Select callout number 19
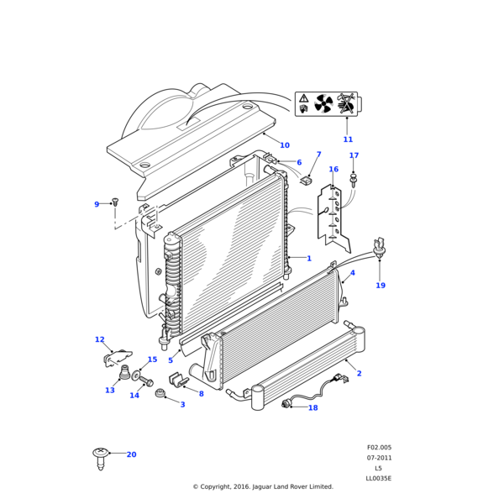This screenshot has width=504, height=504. pyautogui.click(x=381, y=286)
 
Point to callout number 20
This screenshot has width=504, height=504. pyautogui.click(x=131, y=454)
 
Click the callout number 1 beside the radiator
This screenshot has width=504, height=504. pyautogui.click(x=308, y=259)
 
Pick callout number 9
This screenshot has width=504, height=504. pyautogui.click(x=97, y=204)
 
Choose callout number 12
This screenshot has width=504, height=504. pyautogui.click(x=99, y=340)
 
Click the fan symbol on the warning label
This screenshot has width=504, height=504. pyautogui.click(x=323, y=104)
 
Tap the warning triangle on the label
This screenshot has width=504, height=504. pyautogui.click(x=303, y=99)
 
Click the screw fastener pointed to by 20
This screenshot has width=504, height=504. pyautogui.click(x=101, y=457)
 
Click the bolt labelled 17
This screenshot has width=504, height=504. pyautogui.click(x=354, y=178)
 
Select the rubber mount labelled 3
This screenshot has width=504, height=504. pyautogui.click(x=160, y=395)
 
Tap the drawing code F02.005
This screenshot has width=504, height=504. pyautogui.click(x=379, y=448)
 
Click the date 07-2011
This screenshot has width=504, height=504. pyautogui.click(x=379, y=458)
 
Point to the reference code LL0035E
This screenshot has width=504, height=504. pyautogui.click(x=378, y=479)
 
